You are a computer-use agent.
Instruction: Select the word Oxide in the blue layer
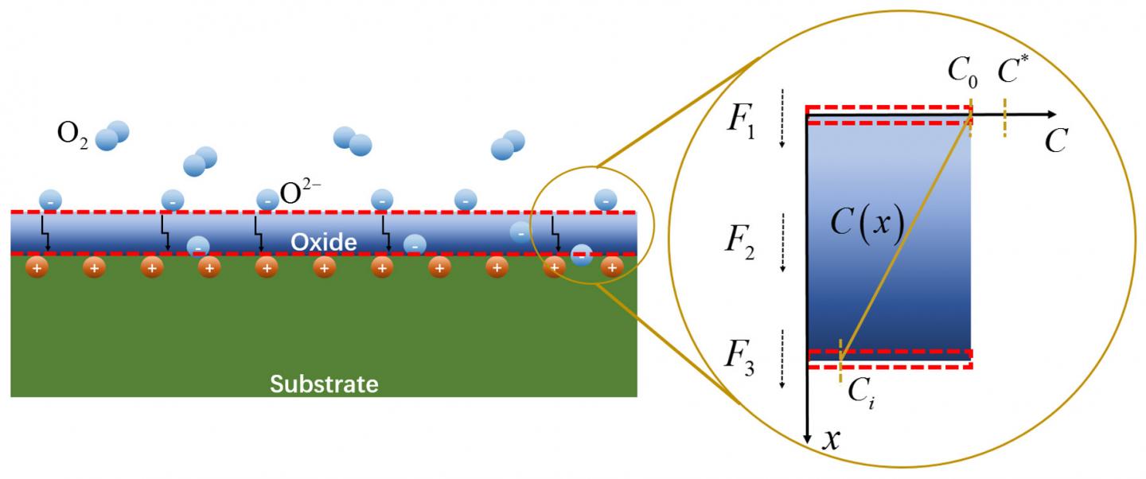pos(324,242)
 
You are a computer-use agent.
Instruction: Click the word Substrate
pos(324,384)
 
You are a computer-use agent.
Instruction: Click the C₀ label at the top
pos(961,72)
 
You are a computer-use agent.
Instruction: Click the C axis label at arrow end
pos(1055,141)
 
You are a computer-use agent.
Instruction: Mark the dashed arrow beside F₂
pos(783,242)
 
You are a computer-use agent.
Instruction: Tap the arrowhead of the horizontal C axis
pos(1051,115)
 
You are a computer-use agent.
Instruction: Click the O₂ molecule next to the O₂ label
pos(111,136)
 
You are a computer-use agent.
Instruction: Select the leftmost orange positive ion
pos(37,268)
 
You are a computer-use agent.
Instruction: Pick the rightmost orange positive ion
pos(611,268)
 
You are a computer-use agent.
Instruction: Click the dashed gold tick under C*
pos(1005,117)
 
